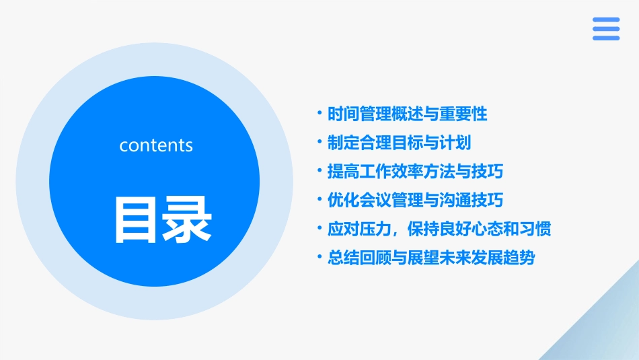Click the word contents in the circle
coord(156,145)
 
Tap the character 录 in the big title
coord(186,219)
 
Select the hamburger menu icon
coord(605,29)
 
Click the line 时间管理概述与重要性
coord(408,114)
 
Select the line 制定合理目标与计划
coord(399,143)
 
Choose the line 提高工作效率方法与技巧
coord(416,172)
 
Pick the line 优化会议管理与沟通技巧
coord(416,201)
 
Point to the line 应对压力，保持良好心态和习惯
coord(439,229)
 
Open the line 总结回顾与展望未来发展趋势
coord(431,258)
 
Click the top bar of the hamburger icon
coord(605,20)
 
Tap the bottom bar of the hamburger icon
coord(605,38)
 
